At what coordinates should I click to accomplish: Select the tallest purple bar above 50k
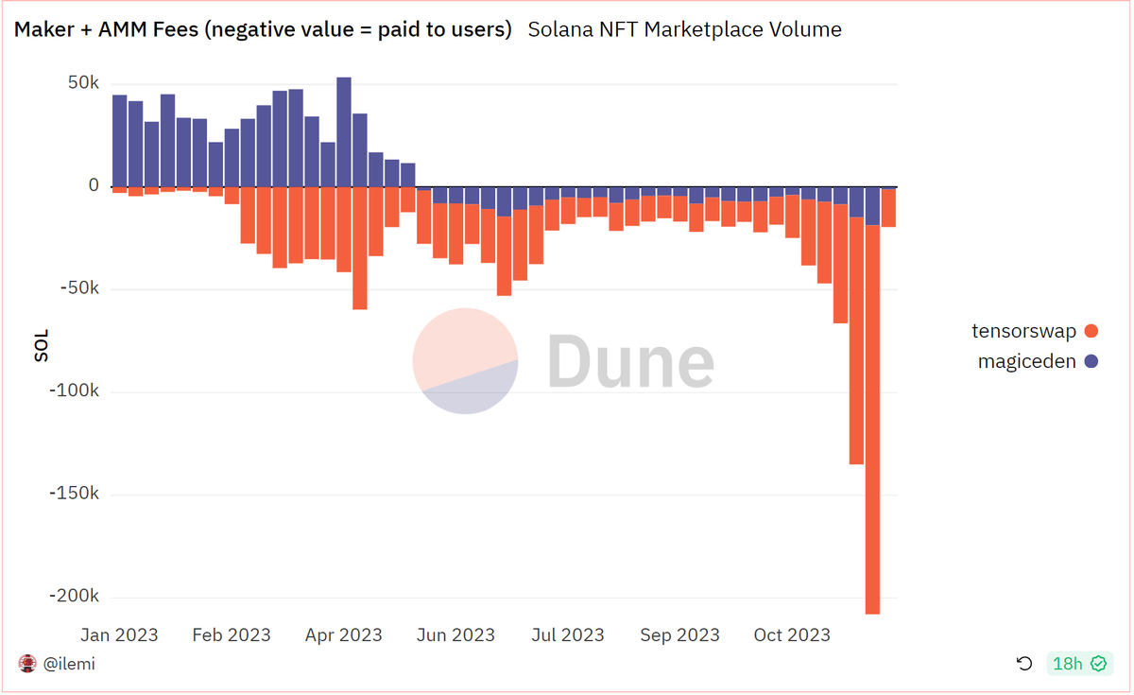pyautogui.click(x=344, y=132)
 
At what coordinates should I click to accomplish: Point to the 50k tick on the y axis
pyautogui.click(x=82, y=83)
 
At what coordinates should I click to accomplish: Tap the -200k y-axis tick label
pyautogui.click(x=74, y=597)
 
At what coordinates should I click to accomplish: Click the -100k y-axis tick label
pyautogui.click(x=74, y=391)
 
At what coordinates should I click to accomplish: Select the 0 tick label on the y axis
pyautogui.click(x=94, y=185)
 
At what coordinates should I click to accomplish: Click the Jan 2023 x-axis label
pyautogui.click(x=119, y=634)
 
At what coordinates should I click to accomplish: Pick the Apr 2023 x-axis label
pyautogui.click(x=343, y=634)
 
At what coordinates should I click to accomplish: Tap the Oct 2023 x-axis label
pyautogui.click(x=792, y=634)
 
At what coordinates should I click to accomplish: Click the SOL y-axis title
pyautogui.click(x=42, y=345)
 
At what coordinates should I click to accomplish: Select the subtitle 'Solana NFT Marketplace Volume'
pyautogui.click(x=684, y=29)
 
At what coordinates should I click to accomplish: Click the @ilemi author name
pyautogui.click(x=69, y=664)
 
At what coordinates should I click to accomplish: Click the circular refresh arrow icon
pyautogui.click(x=1024, y=664)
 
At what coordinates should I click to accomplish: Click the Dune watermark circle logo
pyautogui.click(x=465, y=361)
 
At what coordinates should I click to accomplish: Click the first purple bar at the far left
pyautogui.click(x=119, y=141)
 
